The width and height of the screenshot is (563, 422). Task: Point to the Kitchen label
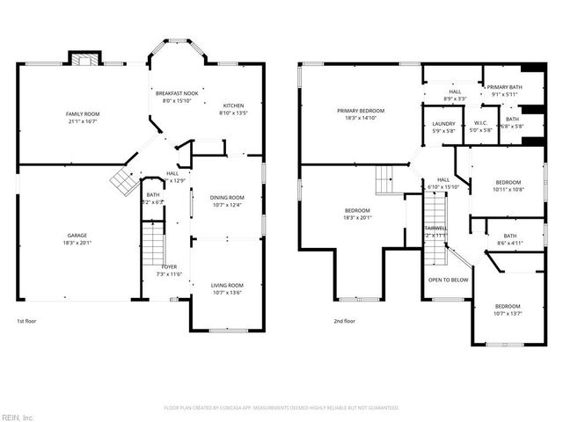233,105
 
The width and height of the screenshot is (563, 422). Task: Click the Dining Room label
226,198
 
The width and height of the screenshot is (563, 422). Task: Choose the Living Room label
226,286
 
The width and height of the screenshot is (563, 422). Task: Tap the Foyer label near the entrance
169,266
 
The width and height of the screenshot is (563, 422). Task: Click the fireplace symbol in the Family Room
85,60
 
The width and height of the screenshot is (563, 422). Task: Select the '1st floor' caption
27,322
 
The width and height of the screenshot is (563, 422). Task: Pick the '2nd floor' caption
344,322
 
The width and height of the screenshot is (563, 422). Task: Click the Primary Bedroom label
356,110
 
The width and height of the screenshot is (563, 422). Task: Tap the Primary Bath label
504,87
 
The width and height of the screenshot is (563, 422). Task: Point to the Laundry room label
443,124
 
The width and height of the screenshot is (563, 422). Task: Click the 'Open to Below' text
447,280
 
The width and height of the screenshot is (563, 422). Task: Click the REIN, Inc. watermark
18,415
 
